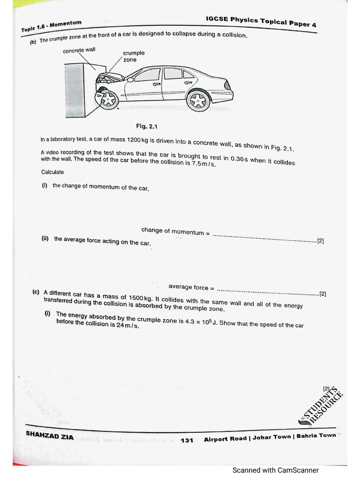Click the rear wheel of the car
[198, 100]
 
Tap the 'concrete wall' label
[79, 51]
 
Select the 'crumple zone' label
[134, 56]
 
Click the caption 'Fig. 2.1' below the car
[148, 127]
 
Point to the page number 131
[187, 440]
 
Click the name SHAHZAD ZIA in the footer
[50, 435]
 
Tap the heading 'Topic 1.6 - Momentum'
[52, 26]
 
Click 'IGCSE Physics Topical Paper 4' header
[261, 21]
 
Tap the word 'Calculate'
[52, 172]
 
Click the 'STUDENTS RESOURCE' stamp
[322, 405]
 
